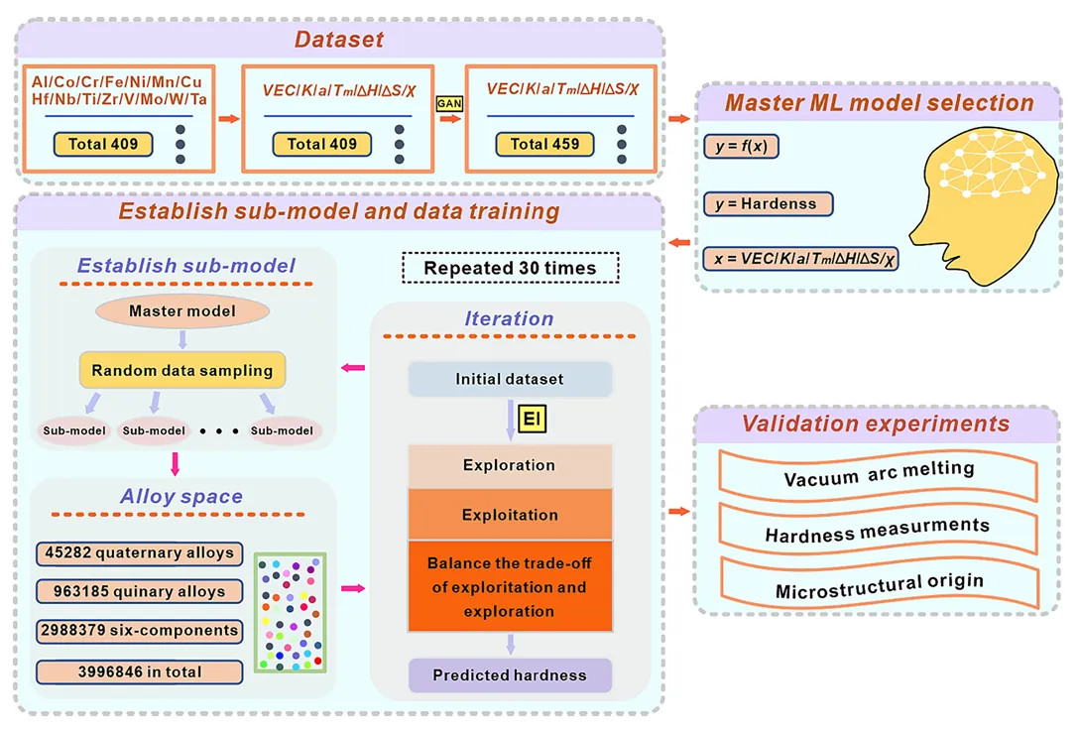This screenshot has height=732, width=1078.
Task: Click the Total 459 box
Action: [544, 145]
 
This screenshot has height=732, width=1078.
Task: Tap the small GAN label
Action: [450, 102]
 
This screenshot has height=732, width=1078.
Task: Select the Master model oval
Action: [182, 311]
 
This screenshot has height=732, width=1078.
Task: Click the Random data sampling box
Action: [182, 370]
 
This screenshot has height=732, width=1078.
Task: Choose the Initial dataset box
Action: [510, 379]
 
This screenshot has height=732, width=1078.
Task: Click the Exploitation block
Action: [510, 515]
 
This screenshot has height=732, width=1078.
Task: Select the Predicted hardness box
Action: [510, 675]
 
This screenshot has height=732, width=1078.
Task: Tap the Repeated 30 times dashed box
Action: [510, 268]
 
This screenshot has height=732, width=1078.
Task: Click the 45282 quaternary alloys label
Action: [140, 552]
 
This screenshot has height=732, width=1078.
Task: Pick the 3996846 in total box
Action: [140, 671]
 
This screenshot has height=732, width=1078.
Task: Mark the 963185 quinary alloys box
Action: [140, 592]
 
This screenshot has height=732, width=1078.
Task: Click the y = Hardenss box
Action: [768, 204]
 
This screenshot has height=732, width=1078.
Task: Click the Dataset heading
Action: [338, 41]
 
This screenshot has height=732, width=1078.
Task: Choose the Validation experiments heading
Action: [876, 425]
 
